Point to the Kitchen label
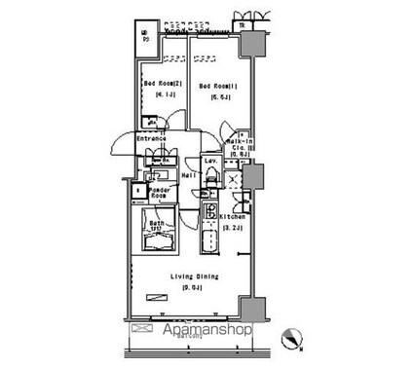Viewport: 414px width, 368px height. (231, 215)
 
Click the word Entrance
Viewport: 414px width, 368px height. (150, 139)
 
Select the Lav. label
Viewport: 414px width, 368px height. (210, 158)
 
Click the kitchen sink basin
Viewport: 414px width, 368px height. (208, 237)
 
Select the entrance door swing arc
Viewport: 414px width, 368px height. (118, 151)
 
